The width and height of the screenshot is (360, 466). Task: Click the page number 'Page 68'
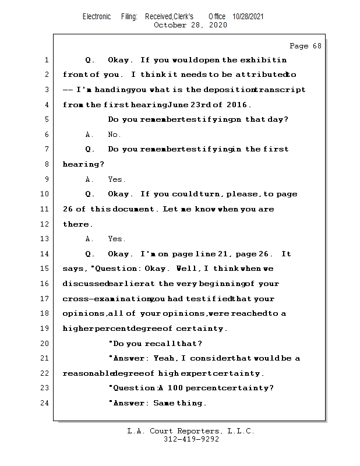[x=305, y=46]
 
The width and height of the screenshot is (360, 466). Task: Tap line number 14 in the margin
[x=46, y=254]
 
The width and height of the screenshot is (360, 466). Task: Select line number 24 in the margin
[x=46, y=403]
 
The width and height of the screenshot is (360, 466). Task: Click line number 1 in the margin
[x=46, y=60]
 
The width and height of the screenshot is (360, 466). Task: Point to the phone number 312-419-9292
[x=191, y=440]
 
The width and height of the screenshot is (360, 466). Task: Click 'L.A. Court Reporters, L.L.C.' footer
[x=191, y=432]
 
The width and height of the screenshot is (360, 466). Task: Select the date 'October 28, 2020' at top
[x=190, y=25]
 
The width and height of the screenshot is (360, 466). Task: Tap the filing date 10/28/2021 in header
[x=248, y=17]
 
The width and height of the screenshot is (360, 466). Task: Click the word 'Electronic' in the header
[x=97, y=17]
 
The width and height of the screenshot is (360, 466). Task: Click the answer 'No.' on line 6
[x=114, y=135]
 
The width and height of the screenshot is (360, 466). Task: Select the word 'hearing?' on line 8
[x=79, y=164]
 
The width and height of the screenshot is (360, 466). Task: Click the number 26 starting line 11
[x=68, y=209]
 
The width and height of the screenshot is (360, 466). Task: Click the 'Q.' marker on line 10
[x=90, y=194]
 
